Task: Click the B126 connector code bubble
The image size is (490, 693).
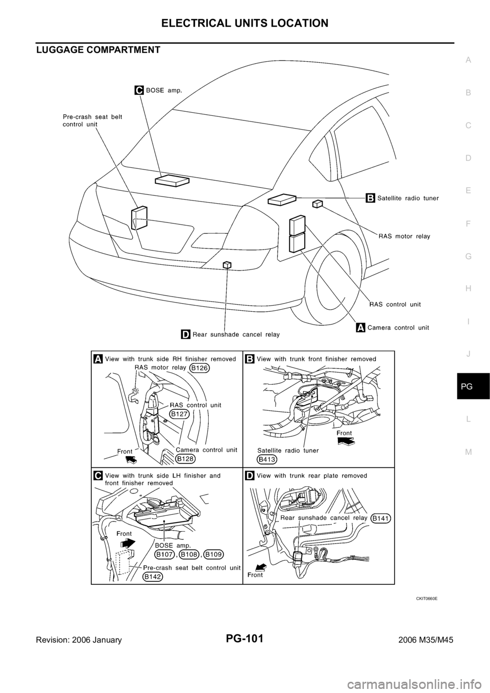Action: (200, 368)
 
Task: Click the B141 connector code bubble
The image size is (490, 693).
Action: (381, 518)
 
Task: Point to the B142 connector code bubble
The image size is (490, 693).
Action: (153, 576)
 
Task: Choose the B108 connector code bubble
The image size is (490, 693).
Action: (189, 554)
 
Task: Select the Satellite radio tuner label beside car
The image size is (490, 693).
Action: (408, 198)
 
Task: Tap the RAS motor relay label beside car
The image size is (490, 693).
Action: (404, 236)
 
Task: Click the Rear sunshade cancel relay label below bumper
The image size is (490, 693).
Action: (236, 335)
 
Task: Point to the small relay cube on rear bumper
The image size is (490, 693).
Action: (227, 265)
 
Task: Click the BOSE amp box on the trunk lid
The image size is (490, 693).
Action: (172, 180)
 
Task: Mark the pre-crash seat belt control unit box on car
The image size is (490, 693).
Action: (139, 218)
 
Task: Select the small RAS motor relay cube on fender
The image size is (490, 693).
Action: (317, 204)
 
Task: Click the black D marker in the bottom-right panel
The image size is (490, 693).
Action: (250, 475)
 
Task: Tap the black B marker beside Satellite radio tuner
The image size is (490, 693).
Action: (370, 198)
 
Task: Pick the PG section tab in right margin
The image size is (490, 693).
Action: (469, 387)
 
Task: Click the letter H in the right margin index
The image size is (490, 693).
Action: (468, 288)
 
